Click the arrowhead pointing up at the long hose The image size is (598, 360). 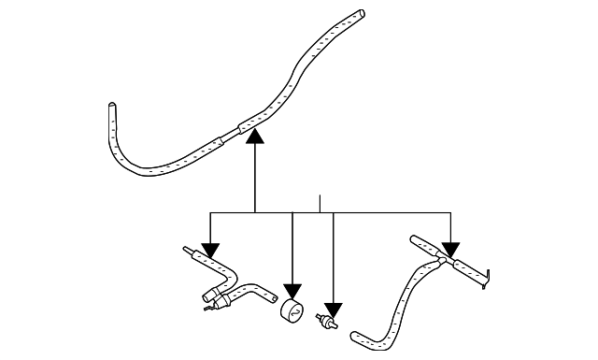pyautogui.click(x=255, y=137)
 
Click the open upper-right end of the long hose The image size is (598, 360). pyautogui.click(x=359, y=15)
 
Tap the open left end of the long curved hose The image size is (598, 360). pyautogui.click(x=112, y=106)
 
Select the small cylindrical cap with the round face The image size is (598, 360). pyautogui.click(x=292, y=310)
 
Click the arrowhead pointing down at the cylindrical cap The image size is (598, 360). pyautogui.click(x=292, y=291)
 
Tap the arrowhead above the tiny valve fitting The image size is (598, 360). pyautogui.click(x=334, y=308)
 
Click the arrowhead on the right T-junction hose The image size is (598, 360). pyautogui.click(x=451, y=250)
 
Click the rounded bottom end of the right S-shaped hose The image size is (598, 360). pyautogui.click(x=354, y=334)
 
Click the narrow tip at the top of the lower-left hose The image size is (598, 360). pyautogui.click(x=187, y=250)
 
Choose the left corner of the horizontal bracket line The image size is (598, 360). pyautogui.click(x=210, y=212)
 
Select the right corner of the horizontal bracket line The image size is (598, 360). pyautogui.click(x=451, y=212)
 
